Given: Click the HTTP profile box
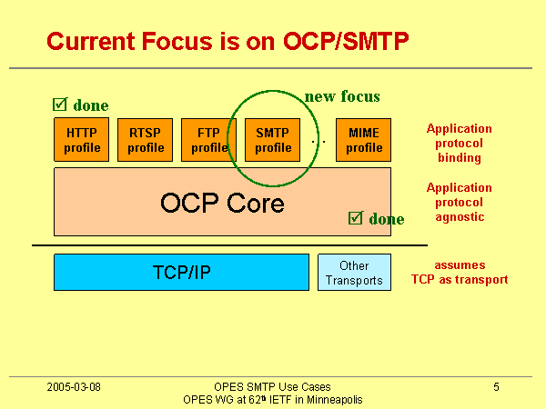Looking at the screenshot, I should point(82,139).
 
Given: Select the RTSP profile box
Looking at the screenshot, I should point(146,139).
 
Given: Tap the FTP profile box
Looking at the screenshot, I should point(209,139).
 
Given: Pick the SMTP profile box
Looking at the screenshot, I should point(273,139).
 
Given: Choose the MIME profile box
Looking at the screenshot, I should point(364,139).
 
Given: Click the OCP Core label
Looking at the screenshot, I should point(222,203).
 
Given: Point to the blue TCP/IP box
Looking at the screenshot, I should point(181,272).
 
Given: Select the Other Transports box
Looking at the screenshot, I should point(354,272).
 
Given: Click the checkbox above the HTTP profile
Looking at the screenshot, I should point(60,105).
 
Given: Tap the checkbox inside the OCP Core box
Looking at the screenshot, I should point(356,218).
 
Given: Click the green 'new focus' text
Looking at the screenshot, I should point(342,95).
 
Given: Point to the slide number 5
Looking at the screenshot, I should point(497,387).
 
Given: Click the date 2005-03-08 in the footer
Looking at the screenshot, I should point(74,387).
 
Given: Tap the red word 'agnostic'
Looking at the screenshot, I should point(460,216).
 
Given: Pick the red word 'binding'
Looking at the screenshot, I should point(460,157).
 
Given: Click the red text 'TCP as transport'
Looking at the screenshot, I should point(460,280).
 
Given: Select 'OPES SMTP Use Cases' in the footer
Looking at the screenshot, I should point(272,387).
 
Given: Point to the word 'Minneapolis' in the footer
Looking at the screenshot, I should point(336,400).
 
